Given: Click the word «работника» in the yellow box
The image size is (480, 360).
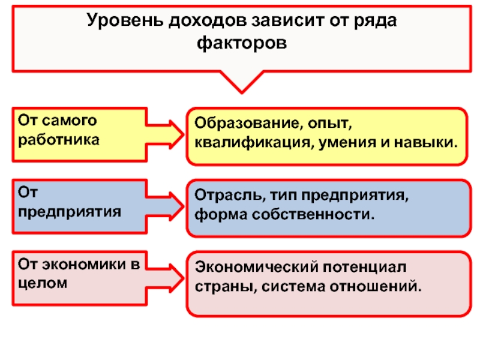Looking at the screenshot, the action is click(x=59, y=140).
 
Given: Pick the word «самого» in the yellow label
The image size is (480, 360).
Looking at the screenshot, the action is click(x=70, y=121).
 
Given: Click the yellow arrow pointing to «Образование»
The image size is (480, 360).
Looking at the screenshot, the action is click(x=164, y=134).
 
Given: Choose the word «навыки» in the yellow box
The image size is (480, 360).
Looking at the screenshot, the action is click(x=426, y=143).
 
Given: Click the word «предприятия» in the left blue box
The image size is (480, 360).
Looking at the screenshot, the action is click(x=70, y=212).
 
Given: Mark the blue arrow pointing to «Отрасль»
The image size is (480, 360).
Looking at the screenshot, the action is click(x=164, y=206).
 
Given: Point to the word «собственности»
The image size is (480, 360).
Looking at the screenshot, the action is click(x=313, y=214).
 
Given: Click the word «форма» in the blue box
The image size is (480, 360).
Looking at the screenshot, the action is click(x=221, y=215).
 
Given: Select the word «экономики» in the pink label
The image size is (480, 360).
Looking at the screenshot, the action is click(x=83, y=265).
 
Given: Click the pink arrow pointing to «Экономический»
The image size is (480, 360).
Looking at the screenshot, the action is click(x=164, y=278).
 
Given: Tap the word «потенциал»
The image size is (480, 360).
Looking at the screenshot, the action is click(x=365, y=268).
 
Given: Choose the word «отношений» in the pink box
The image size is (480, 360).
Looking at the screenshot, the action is click(x=376, y=287).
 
